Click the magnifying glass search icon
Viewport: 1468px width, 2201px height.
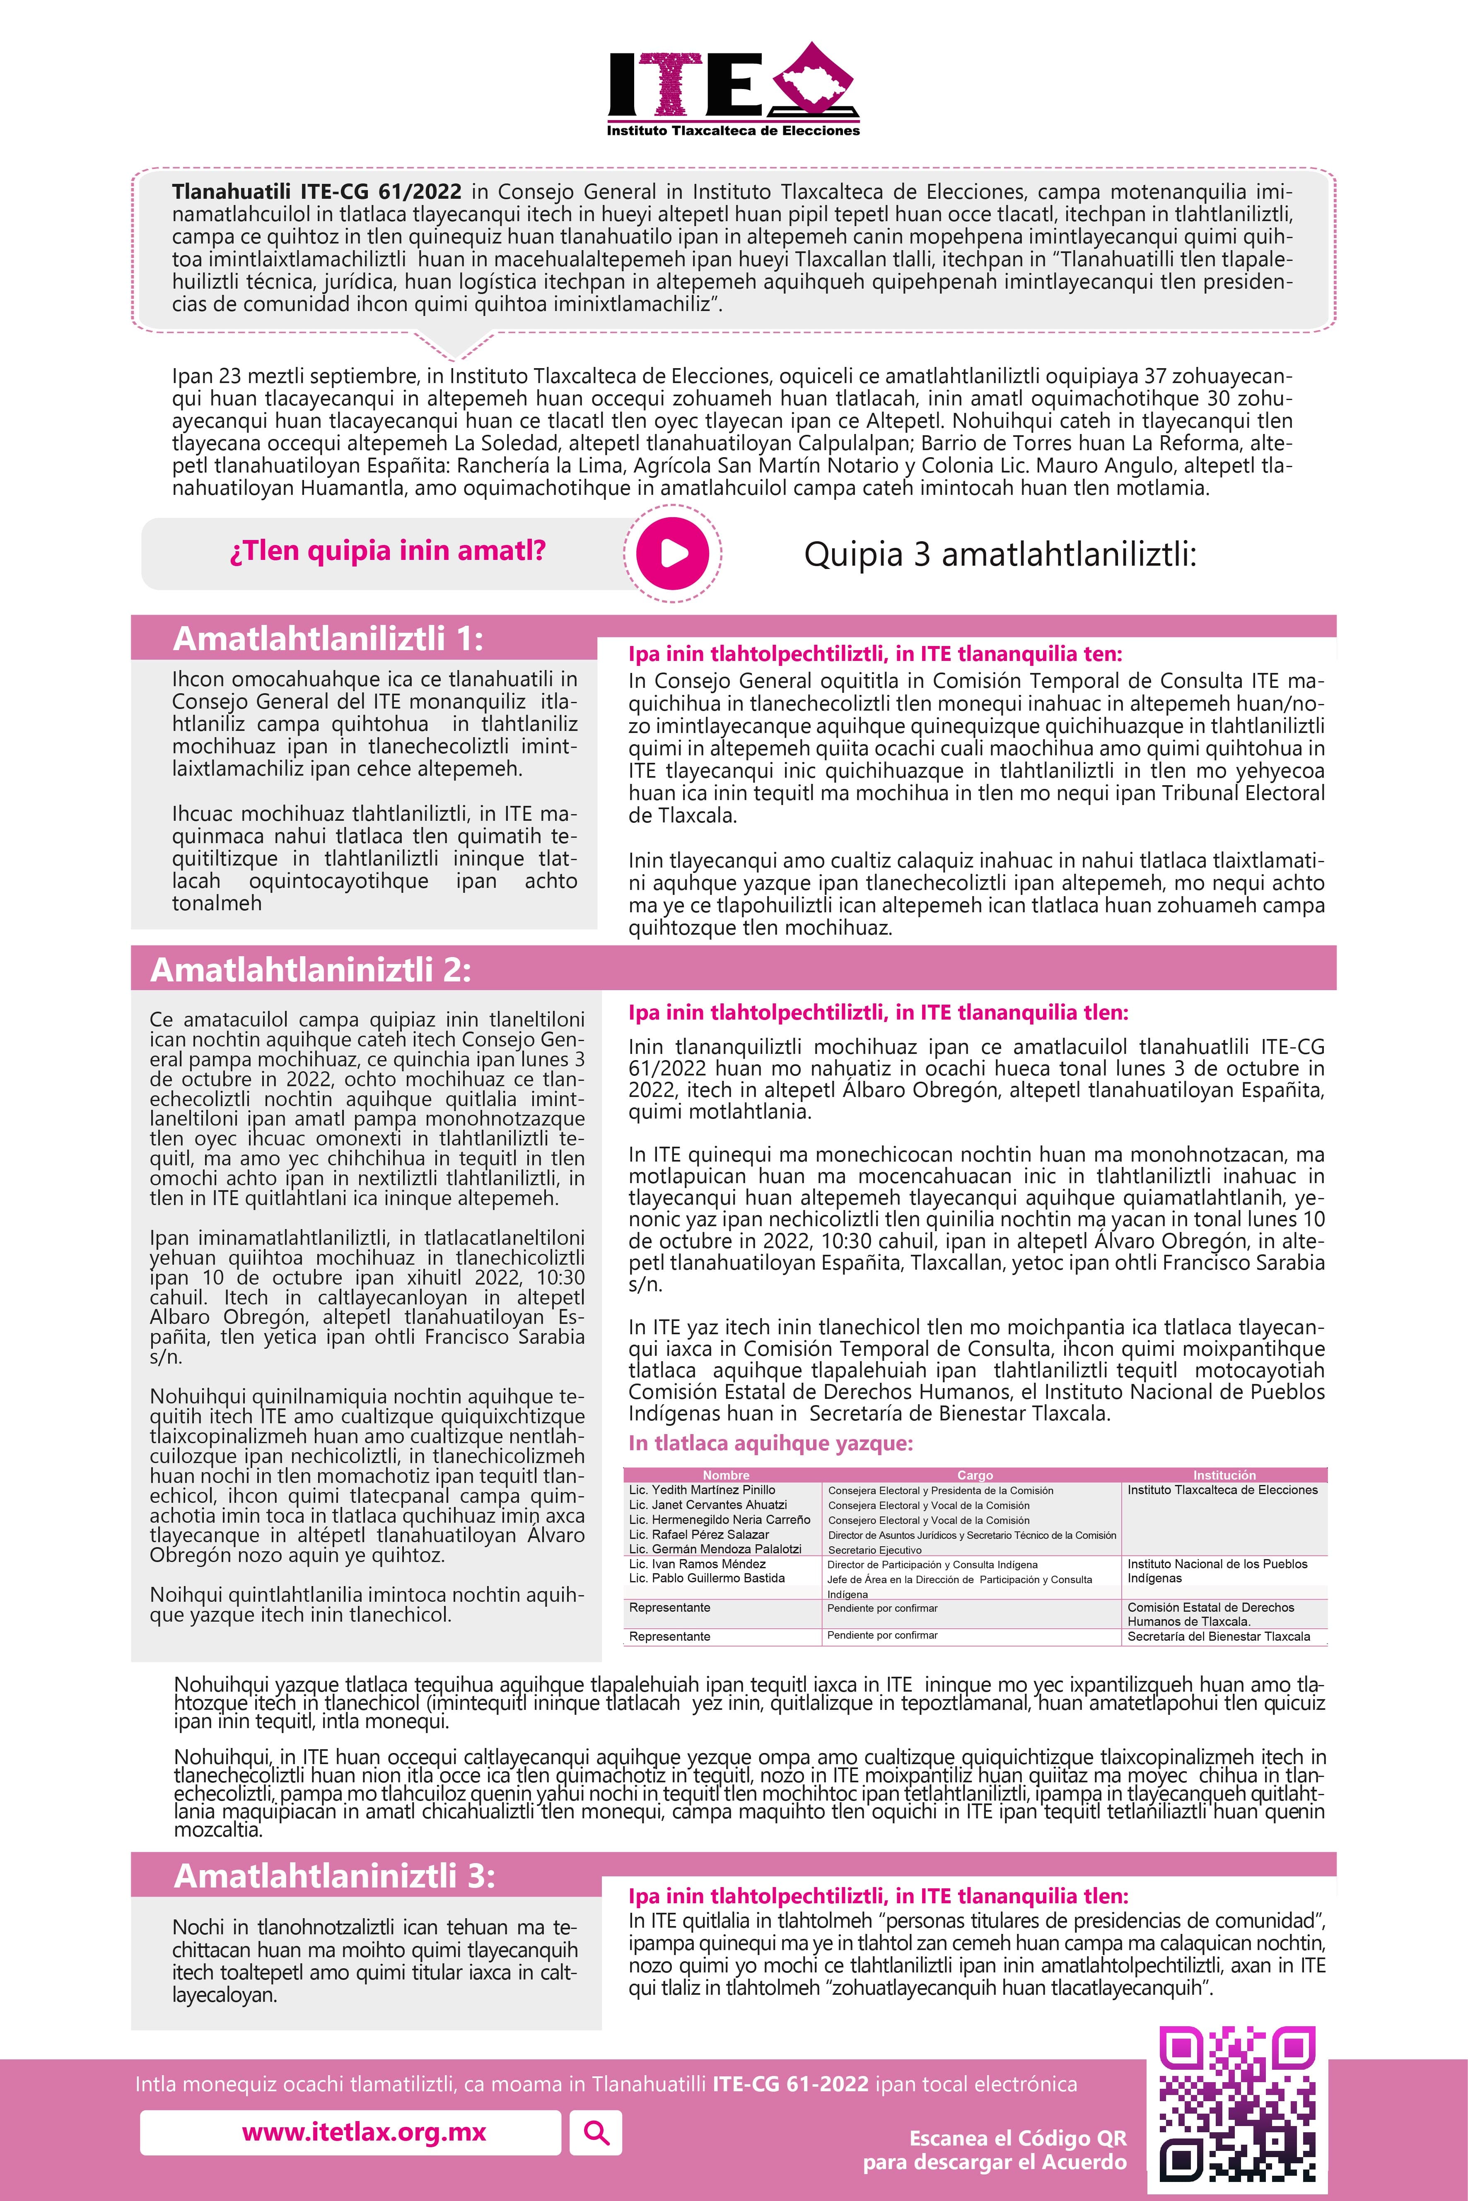[596, 2133]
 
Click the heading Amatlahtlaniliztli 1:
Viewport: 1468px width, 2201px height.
[328, 639]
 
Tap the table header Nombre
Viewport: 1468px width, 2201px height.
[726, 1475]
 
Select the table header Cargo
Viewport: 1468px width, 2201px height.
[975, 1475]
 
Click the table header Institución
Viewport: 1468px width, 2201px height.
[1224, 1475]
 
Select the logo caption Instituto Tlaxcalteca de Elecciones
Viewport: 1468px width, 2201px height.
[733, 131]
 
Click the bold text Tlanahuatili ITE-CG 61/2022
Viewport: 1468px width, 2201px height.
[316, 192]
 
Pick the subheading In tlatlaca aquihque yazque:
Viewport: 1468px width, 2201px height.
[770, 1443]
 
